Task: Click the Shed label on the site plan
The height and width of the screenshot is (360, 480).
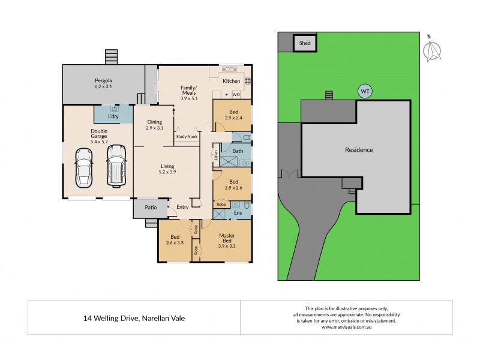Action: [305, 43]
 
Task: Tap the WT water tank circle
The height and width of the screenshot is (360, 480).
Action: [364, 92]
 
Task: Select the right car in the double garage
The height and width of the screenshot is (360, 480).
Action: [115, 164]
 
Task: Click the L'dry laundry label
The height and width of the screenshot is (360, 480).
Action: [112, 116]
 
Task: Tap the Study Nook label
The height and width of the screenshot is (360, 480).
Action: [186, 137]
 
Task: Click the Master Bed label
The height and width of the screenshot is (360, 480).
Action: [227, 239]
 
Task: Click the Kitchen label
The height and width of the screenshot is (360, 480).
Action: [231, 81]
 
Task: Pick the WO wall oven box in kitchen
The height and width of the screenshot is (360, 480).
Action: [236, 94]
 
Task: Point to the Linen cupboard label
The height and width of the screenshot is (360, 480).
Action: [215, 154]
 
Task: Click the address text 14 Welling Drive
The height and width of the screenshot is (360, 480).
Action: [134, 318]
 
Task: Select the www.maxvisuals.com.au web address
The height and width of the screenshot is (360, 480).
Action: [348, 328]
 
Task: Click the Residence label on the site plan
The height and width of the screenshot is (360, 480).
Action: [359, 150]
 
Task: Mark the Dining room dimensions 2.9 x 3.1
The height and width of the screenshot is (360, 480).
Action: [155, 128]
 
